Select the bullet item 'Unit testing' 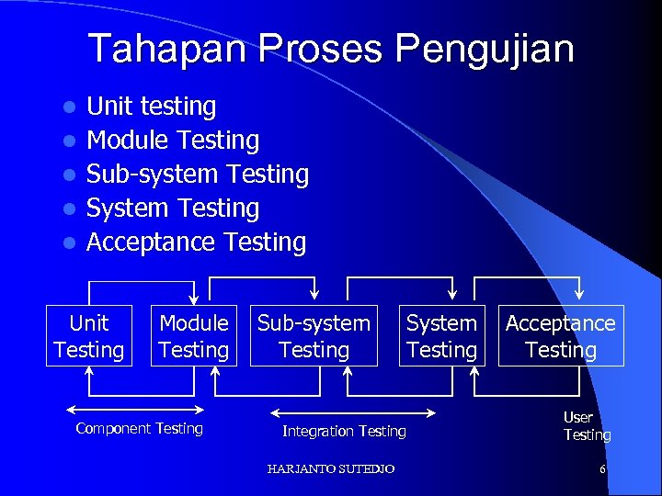pyautogui.click(x=151, y=107)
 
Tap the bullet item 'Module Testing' pyautogui.click(x=173, y=141)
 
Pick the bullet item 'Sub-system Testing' pyautogui.click(x=197, y=175)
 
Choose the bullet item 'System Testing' pyautogui.click(x=173, y=209)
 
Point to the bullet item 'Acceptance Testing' pyautogui.click(x=196, y=242)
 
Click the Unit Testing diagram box pyautogui.click(x=89, y=336)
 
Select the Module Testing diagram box pyautogui.click(x=193, y=336)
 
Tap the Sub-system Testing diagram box pyautogui.click(x=314, y=336)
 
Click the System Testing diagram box pyautogui.click(x=441, y=336)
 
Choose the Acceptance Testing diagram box pyautogui.click(x=561, y=336)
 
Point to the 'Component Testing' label pyautogui.click(x=139, y=429)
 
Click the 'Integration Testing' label pyautogui.click(x=344, y=431)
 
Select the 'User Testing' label pyautogui.click(x=587, y=426)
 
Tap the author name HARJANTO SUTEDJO pyautogui.click(x=331, y=469)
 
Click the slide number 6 pyautogui.click(x=602, y=469)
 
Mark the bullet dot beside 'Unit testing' pyautogui.click(x=67, y=107)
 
